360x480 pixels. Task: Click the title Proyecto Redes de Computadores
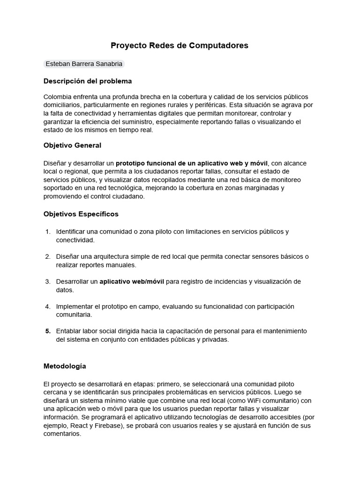[180, 45]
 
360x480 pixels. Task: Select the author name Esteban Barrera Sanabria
[84, 64]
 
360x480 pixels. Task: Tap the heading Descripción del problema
[88, 81]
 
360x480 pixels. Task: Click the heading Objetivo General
[72, 145]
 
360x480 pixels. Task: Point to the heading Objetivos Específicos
[81, 214]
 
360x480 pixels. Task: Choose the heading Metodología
[65, 366]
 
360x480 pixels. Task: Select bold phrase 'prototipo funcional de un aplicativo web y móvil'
[192, 163]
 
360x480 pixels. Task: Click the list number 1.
[48, 232]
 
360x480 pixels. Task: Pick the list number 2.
[48, 256]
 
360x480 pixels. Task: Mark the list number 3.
[48, 281]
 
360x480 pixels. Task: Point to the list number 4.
[48, 306]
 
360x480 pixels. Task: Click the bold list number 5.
[48, 331]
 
